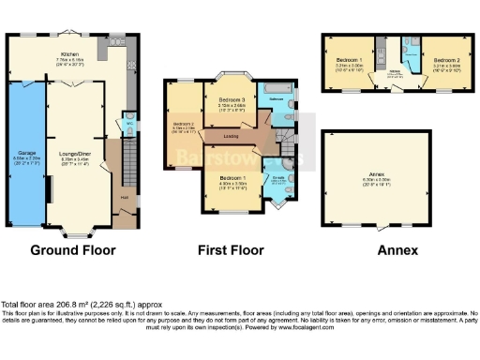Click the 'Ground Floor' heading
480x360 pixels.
click(73, 250)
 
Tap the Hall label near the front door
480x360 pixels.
click(124, 196)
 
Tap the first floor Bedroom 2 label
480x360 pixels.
click(183, 124)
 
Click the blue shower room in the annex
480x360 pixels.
click(409, 48)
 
